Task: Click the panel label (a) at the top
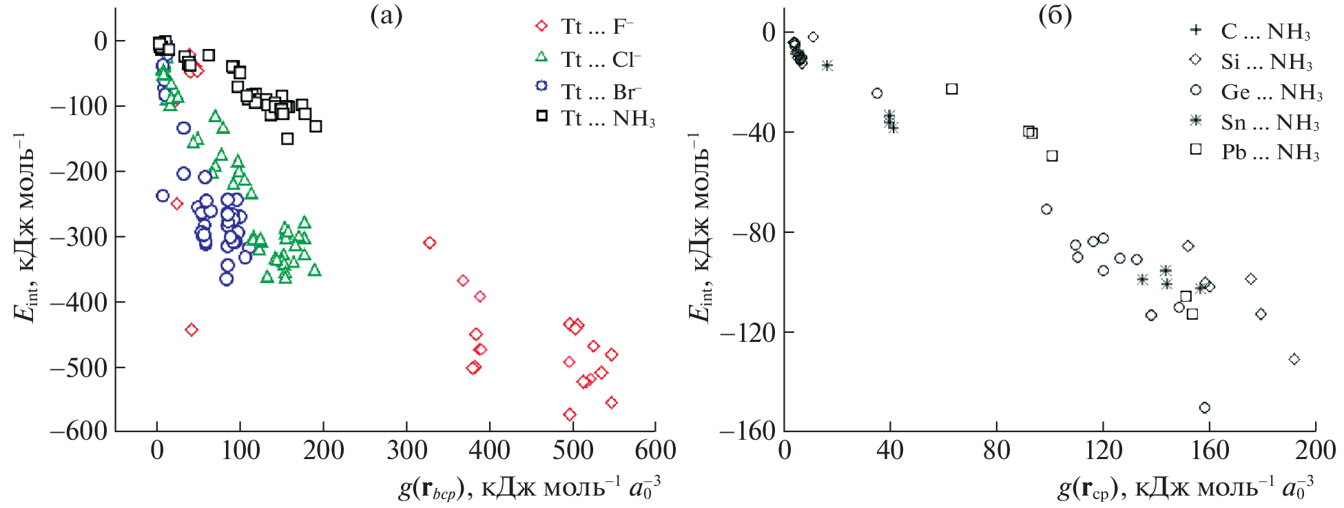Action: [x=386, y=15]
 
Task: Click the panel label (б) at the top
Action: [x=1055, y=15]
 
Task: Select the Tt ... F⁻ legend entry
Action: [x=597, y=26]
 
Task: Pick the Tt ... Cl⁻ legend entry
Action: [x=600, y=59]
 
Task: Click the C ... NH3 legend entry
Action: [x=1265, y=31]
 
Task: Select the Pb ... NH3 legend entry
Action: [x=1270, y=152]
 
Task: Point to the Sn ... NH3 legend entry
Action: [x=1270, y=122]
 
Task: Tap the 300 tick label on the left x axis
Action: [x=406, y=450]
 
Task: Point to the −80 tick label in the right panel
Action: [x=753, y=232]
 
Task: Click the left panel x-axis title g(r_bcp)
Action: [x=529, y=488]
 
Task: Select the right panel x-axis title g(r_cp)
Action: [x=1185, y=488]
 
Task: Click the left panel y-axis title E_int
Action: [x=25, y=227]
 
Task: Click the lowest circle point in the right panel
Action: [x=1205, y=408]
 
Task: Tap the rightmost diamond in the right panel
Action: [x=1294, y=359]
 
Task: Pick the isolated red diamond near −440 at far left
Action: [x=192, y=330]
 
